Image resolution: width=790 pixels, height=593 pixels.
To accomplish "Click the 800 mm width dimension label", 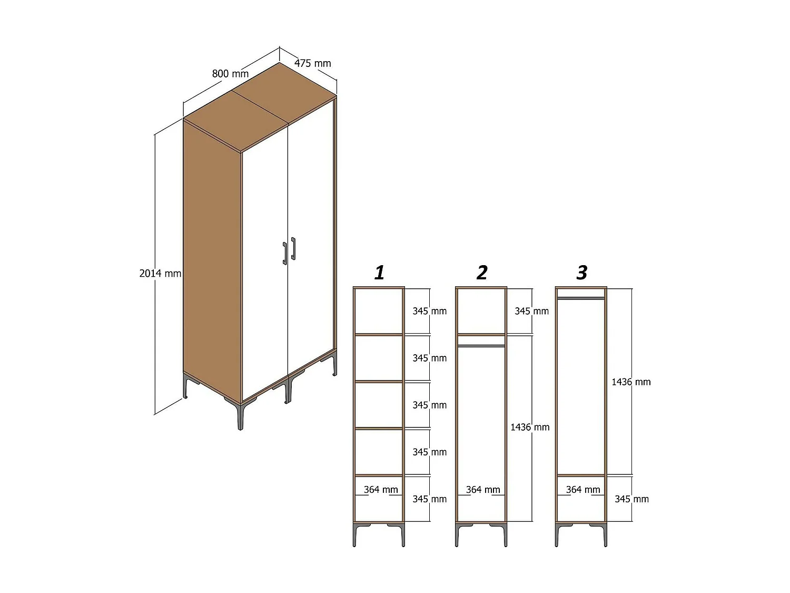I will point(230,73).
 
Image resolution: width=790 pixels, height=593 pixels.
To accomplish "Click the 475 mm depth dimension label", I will point(312,63).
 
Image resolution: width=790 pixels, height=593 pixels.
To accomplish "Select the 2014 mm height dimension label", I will point(160,273).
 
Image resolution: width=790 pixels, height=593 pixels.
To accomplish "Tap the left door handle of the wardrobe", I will point(285,253).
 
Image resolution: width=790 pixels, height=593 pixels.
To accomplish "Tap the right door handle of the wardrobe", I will point(293,249).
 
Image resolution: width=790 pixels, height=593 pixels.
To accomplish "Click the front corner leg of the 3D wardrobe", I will point(240,416).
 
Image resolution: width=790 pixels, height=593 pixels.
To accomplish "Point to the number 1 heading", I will point(379,273).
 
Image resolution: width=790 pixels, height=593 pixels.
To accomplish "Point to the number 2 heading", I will point(481,273).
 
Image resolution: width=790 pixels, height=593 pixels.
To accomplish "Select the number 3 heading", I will point(581,273).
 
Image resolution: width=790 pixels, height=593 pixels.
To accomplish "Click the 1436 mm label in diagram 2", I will point(529,427).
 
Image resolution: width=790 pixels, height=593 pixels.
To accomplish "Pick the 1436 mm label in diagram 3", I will point(630,382).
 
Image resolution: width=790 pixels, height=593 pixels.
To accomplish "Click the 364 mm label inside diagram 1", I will point(380,489).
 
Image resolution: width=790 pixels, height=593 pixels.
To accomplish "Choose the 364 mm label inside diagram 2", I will point(482,489).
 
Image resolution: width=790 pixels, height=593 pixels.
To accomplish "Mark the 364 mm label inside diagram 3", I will point(582,489).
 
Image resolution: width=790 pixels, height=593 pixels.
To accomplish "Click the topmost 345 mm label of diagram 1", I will point(429,311).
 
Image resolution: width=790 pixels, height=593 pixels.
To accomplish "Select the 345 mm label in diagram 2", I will point(531,311).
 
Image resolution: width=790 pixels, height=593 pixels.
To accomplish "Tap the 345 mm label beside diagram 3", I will point(631,499).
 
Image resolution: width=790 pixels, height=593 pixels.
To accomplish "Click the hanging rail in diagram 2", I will point(481,346).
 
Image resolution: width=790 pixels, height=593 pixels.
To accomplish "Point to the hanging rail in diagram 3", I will point(581,298).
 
